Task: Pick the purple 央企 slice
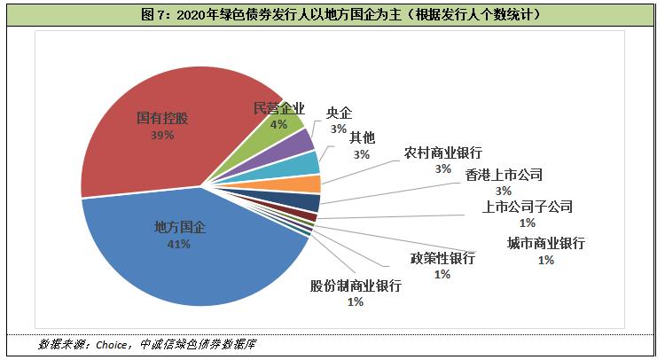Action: click(x=302, y=141)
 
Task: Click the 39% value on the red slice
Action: click(x=162, y=136)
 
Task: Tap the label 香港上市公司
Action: click(x=504, y=174)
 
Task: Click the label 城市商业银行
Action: click(x=545, y=243)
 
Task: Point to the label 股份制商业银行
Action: click(x=356, y=286)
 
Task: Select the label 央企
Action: click(x=339, y=113)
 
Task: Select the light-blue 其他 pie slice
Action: click(x=307, y=162)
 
